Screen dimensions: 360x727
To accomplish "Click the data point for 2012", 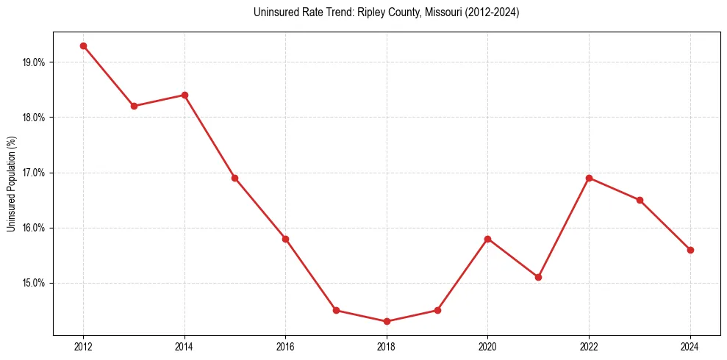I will click(x=83, y=46).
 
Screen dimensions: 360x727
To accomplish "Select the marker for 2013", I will click(x=134, y=106).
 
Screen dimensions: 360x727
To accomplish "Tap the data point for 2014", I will click(x=185, y=95).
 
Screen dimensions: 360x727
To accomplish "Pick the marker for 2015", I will click(x=234, y=178).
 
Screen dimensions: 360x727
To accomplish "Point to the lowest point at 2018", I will click(x=387, y=321).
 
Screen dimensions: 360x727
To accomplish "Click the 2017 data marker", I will click(x=336, y=310).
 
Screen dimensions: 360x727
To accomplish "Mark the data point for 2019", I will click(x=437, y=310).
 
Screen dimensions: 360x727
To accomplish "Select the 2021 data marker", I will click(x=538, y=277).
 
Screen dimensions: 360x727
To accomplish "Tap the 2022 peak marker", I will click(x=589, y=178).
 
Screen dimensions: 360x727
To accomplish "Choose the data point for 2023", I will click(x=640, y=200).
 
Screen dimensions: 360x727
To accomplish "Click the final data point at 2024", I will click(x=690, y=250).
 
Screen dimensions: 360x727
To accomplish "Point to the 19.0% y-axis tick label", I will click(x=34, y=62).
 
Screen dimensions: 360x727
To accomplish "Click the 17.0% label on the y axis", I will click(x=34, y=173).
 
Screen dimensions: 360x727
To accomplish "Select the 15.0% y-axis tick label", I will click(x=34, y=283).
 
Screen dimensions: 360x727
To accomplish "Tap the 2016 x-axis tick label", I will click(x=285, y=347).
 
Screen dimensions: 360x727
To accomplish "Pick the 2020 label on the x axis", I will click(x=487, y=347).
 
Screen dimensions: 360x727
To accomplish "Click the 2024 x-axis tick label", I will click(x=690, y=347).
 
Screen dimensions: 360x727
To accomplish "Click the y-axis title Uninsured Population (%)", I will click(x=11, y=184).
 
